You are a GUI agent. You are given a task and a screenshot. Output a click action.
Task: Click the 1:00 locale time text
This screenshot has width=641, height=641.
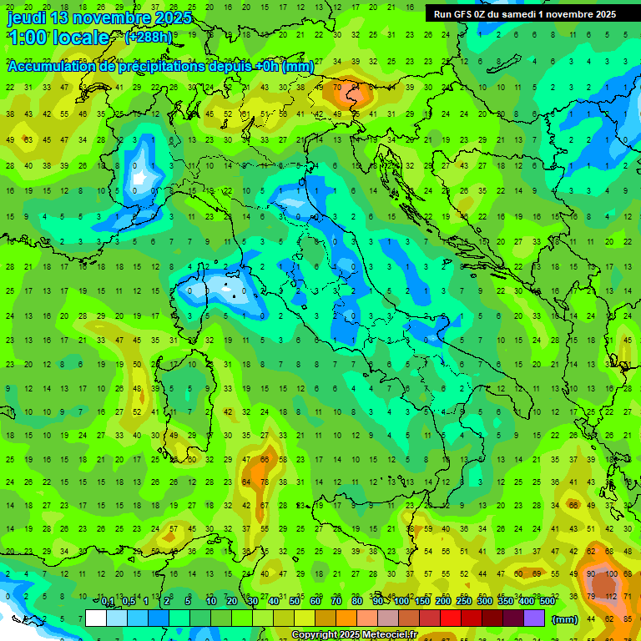click(x=58, y=38)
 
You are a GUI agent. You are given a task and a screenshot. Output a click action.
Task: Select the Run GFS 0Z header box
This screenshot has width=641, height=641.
click(x=524, y=13)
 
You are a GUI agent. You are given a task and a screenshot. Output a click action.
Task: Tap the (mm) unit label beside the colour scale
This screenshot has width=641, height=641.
click(x=564, y=619)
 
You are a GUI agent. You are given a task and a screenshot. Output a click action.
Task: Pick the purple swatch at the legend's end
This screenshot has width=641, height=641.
click(x=534, y=618)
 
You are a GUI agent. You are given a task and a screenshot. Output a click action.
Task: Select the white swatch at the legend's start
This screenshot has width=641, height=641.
click(x=96, y=618)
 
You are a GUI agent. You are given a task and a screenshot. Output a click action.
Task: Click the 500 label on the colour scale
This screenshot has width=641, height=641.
click(x=548, y=602)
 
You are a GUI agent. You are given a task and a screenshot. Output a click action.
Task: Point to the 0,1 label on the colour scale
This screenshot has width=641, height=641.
click(x=108, y=602)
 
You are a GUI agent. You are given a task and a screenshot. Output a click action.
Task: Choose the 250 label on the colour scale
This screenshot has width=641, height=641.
click(x=464, y=602)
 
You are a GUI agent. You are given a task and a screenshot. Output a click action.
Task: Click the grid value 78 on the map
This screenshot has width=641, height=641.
click(x=265, y=482)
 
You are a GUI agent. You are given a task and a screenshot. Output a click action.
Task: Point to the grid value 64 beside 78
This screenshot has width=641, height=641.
click(x=246, y=482)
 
